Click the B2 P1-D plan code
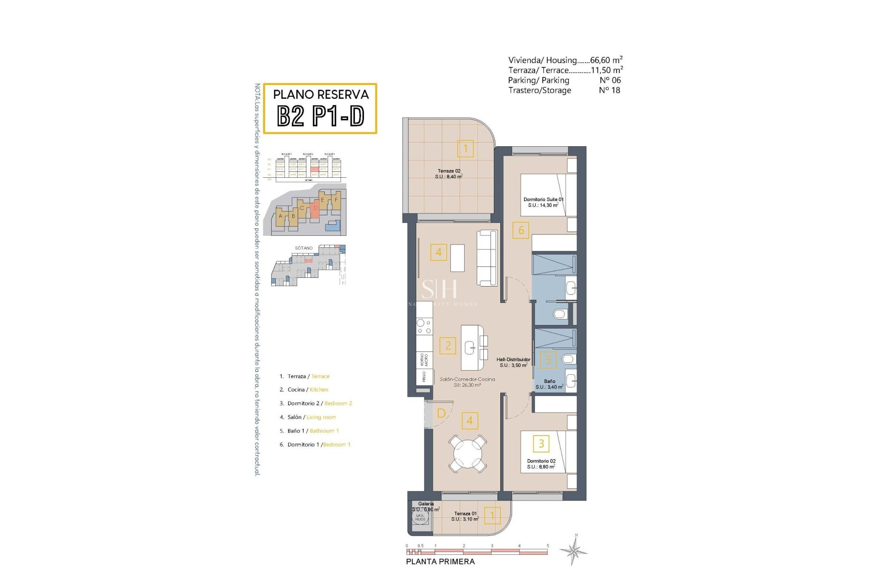[321, 116]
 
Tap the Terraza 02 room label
[448, 174]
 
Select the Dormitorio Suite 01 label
[543, 202]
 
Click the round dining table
[467, 453]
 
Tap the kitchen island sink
[471, 348]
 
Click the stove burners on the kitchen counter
[424, 326]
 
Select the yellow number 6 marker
[521, 230]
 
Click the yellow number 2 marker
[448, 346]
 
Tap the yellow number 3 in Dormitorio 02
[541, 443]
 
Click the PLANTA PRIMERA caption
[440, 562]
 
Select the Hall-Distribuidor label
[513, 362]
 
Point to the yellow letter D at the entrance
[441, 413]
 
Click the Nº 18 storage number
[609, 90]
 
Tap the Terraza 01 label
[466, 516]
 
